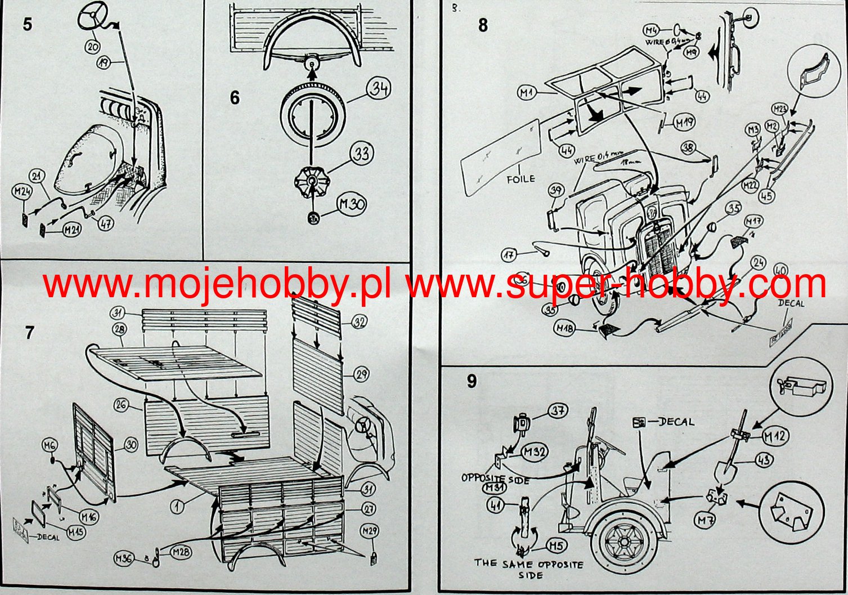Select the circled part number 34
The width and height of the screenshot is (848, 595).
pyautogui.click(x=380, y=89)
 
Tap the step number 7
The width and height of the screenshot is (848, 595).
pyautogui.click(x=30, y=332)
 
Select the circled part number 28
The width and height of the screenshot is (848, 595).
pyautogui.click(x=120, y=328)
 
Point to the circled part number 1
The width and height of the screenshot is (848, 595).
pyautogui.click(x=178, y=507)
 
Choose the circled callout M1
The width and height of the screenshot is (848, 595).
pyautogui.click(x=527, y=93)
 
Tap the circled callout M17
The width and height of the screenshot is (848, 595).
pyautogui.click(x=753, y=220)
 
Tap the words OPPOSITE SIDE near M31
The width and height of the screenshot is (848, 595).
pyautogui.click(x=495, y=478)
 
